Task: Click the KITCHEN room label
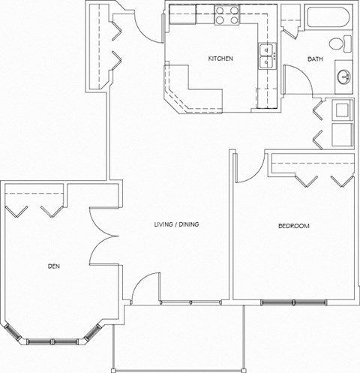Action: [220, 59]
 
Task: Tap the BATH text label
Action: [314, 59]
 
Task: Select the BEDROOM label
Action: [293, 226]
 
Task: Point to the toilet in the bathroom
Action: [344, 44]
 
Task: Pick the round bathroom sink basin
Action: [345, 76]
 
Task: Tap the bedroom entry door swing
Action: [247, 167]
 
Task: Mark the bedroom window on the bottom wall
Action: [293, 302]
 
